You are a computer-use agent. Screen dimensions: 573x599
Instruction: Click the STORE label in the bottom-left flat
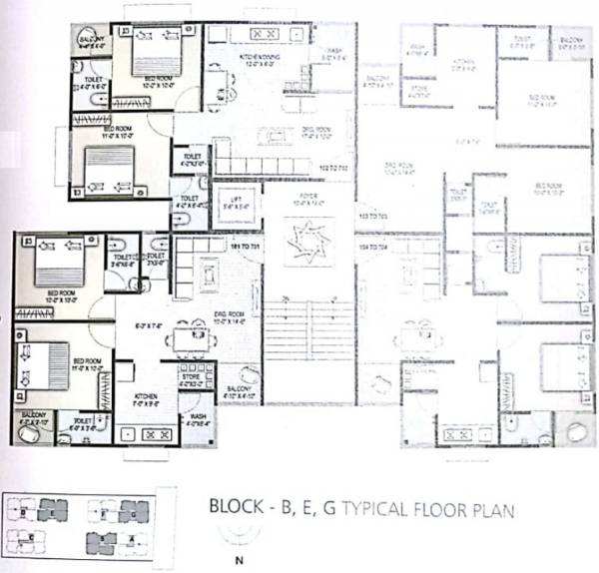click(x=192, y=377)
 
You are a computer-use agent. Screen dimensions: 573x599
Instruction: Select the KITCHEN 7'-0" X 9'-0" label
click(x=147, y=399)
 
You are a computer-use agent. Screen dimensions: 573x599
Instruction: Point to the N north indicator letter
click(x=238, y=560)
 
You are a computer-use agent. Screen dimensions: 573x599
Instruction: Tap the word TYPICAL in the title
click(x=374, y=510)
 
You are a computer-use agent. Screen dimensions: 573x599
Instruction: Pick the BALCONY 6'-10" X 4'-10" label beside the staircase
click(x=240, y=392)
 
